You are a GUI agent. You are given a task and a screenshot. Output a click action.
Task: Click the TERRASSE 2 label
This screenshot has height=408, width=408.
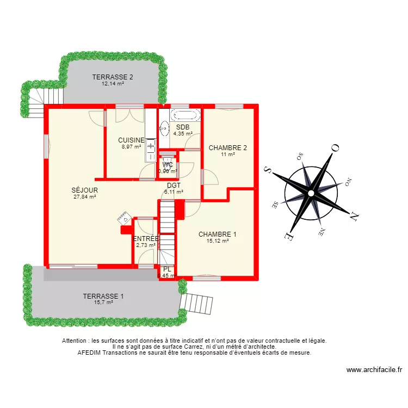(113, 77)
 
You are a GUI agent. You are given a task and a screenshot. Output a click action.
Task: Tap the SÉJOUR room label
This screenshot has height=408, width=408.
(84, 190)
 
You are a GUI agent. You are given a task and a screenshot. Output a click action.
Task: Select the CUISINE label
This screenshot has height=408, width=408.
(131, 140)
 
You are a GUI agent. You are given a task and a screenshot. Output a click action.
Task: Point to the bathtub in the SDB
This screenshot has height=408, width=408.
(185, 115)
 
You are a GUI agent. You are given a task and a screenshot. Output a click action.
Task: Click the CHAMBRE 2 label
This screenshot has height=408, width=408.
(228, 147)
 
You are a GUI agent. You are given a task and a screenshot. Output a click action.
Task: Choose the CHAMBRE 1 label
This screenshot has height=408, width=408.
(218, 234)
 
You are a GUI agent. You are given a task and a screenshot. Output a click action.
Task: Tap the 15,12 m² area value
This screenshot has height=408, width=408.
(218, 241)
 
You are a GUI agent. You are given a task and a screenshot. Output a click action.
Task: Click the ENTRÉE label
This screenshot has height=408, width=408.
(146, 238)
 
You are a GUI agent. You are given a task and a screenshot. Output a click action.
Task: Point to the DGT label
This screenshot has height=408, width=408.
(174, 185)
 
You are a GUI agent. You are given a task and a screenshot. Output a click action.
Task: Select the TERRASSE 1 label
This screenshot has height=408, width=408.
(103, 296)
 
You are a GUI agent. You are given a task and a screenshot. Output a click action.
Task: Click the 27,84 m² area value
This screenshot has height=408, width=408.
(84, 197)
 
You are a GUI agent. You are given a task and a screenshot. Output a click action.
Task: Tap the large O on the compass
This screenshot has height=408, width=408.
(336, 147)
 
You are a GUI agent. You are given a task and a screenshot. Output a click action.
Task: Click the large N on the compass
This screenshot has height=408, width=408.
(354, 216)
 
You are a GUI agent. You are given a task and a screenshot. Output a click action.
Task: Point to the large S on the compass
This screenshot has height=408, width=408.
(267, 170)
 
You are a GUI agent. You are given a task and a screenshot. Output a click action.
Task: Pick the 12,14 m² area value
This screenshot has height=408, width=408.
(113, 84)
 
